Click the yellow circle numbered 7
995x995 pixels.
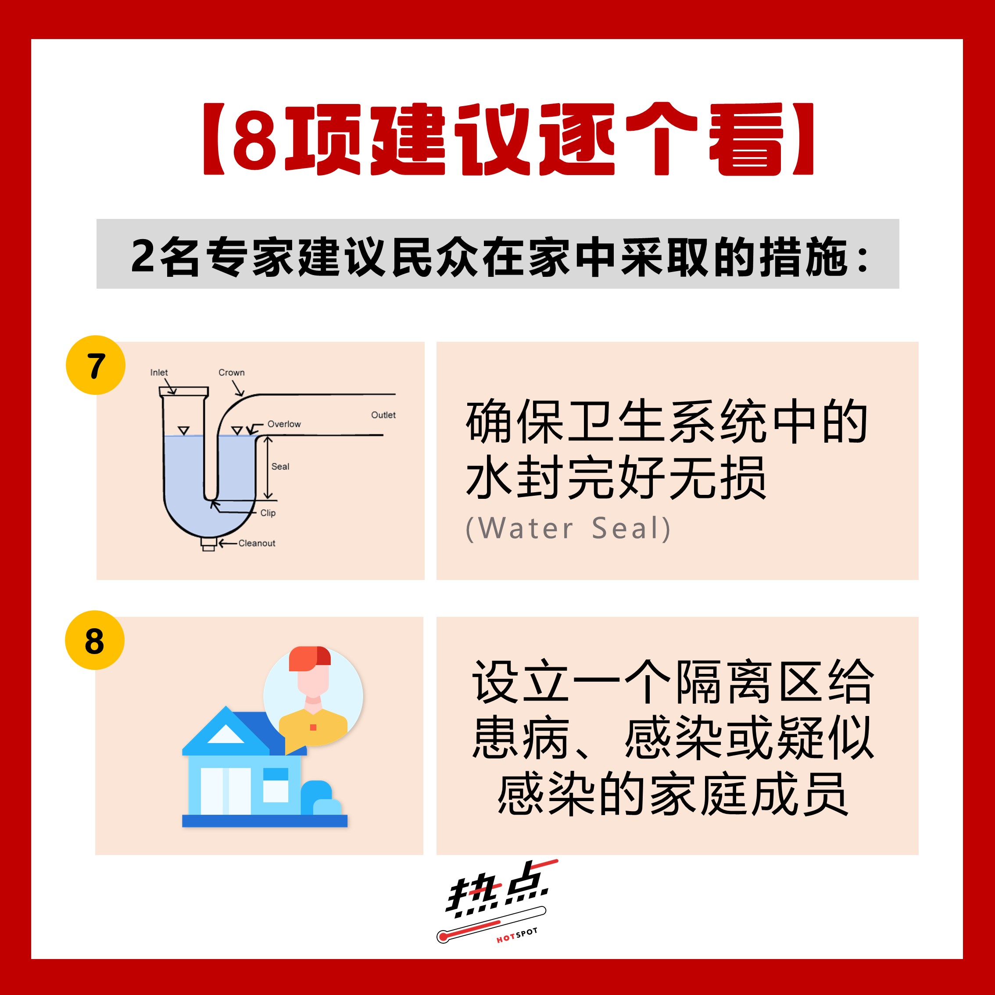[95, 365]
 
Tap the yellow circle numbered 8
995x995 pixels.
[95, 640]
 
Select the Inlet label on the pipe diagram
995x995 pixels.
[159, 372]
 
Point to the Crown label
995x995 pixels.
[231, 372]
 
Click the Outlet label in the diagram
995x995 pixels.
[383, 415]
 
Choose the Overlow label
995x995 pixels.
[284, 424]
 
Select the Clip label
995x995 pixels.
[268, 513]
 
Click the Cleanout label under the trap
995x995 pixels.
[257, 543]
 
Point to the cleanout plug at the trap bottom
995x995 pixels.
[208, 544]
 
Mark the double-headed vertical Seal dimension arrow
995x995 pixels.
[268, 468]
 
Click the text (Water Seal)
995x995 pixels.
[568, 528]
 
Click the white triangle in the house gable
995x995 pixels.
[225, 734]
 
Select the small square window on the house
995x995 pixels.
[276, 785]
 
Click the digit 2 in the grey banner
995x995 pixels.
[143, 256]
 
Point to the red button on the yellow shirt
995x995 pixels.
[313, 727]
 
